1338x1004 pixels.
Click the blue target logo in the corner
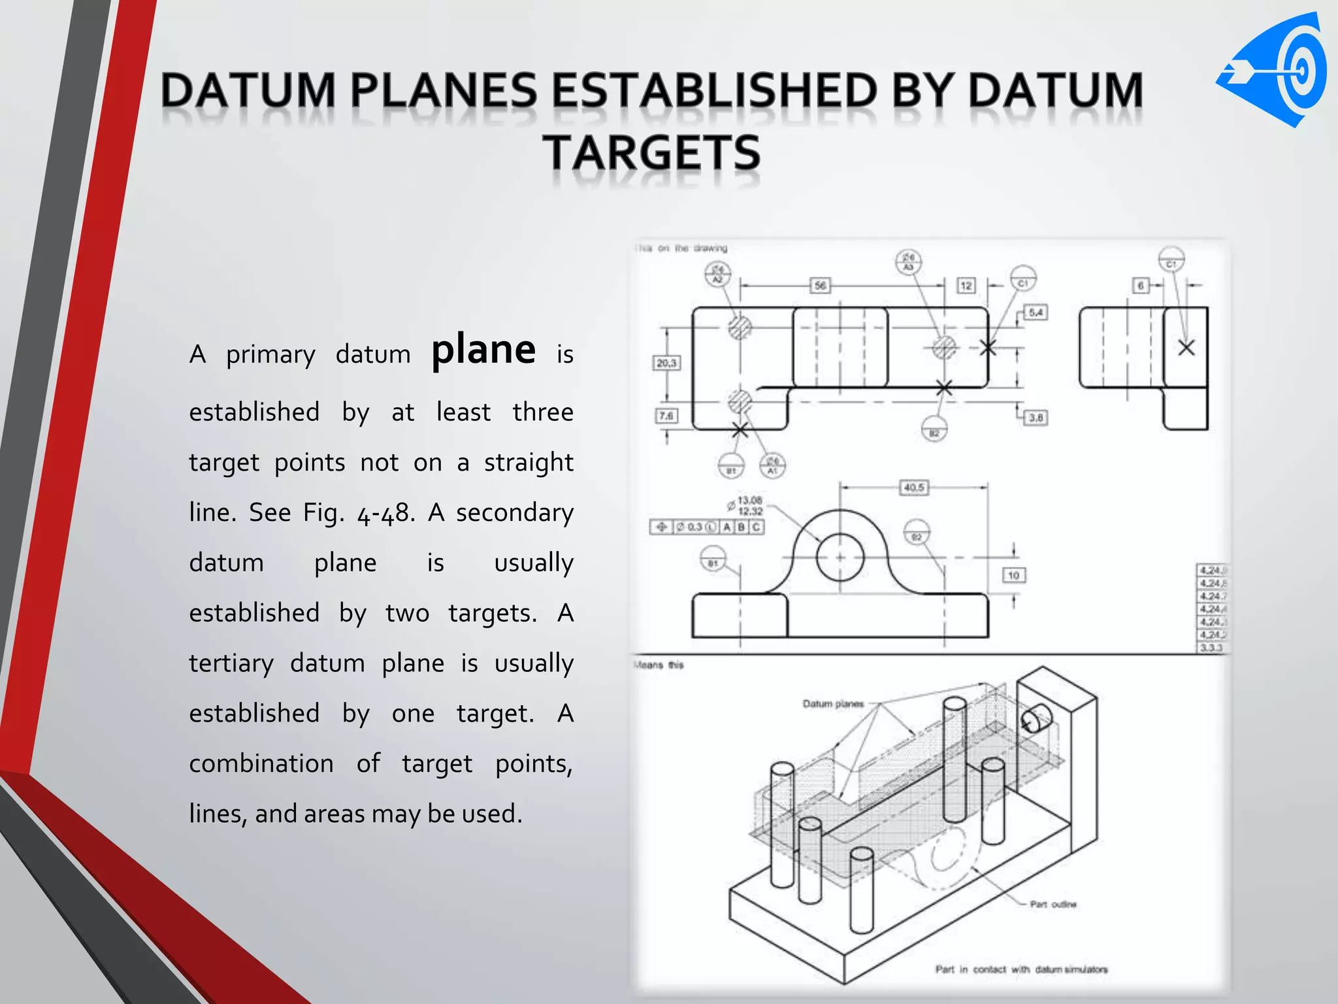click(x=1274, y=70)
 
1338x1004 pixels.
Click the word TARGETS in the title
click(x=651, y=152)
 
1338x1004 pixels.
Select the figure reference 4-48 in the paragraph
click(x=385, y=513)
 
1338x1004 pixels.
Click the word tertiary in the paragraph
click(x=231, y=663)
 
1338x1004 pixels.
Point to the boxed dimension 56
click(x=821, y=286)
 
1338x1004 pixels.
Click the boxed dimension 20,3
click(x=667, y=363)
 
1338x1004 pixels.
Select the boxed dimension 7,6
click(x=666, y=416)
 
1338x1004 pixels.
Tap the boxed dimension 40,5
click(x=914, y=488)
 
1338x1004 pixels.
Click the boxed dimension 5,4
click(x=1036, y=312)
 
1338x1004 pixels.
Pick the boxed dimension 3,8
click(x=1036, y=417)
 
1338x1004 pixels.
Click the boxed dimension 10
click(x=1013, y=575)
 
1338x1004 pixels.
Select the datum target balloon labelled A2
click(x=718, y=274)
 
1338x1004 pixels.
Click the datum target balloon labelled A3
click(x=908, y=262)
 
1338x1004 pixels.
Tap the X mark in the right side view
click(x=1186, y=348)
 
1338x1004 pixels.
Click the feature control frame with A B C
click(x=707, y=527)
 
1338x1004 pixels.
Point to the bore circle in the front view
click(x=840, y=558)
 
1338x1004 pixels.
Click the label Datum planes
click(x=833, y=704)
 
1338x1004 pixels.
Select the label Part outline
click(x=1052, y=905)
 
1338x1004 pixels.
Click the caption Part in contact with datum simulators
click(x=1021, y=969)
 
